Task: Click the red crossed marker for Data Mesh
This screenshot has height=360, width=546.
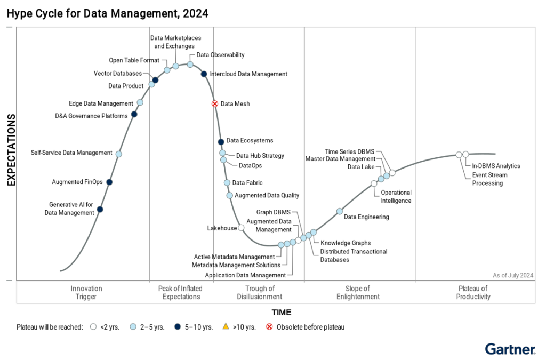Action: [x=215, y=103]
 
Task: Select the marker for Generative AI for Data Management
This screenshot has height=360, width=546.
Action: [x=100, y=209]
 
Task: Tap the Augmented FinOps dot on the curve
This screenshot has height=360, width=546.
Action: [x=109, y=182]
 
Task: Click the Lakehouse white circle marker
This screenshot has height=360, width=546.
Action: [x=241, y=228]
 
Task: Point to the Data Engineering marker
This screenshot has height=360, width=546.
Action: [x=339, y=211]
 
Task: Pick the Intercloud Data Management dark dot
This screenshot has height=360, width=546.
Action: [x=204, y=74]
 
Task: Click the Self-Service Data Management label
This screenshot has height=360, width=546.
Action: [x=71, y=153]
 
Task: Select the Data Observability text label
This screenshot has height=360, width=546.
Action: [x=220, y=54]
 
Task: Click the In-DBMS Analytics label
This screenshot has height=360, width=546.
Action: [x=496, y=166]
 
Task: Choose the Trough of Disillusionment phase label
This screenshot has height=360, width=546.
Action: [x=260, y=293]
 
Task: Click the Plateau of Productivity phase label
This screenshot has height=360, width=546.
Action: [x=473, y=293]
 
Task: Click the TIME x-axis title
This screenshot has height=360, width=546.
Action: [x=282, y=313]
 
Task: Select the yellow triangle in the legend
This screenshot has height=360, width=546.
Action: [x=225, y=326]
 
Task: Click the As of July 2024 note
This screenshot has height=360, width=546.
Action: [x=513, y=275]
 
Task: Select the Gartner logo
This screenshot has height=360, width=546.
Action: [x=510, y=350]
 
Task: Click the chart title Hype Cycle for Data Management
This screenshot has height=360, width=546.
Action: [x=107, y=12]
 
